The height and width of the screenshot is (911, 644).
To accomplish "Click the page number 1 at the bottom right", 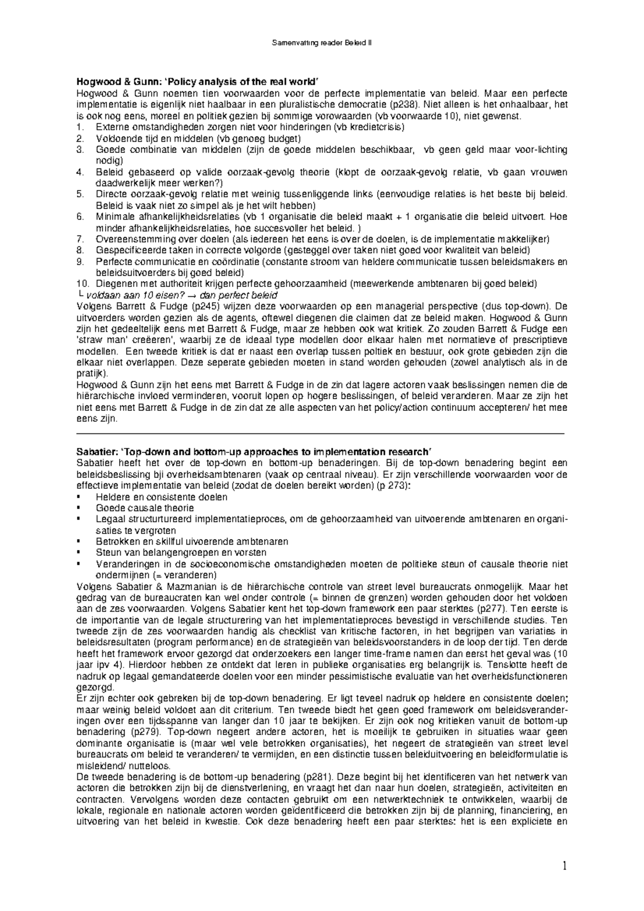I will tap(564, 866).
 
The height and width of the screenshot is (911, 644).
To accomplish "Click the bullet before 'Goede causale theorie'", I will tap(79, 508).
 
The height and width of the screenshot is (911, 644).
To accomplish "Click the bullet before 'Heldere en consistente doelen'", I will tap(79, 497).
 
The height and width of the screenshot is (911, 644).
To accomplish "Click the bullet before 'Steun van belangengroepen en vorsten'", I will tap(79, 553).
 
